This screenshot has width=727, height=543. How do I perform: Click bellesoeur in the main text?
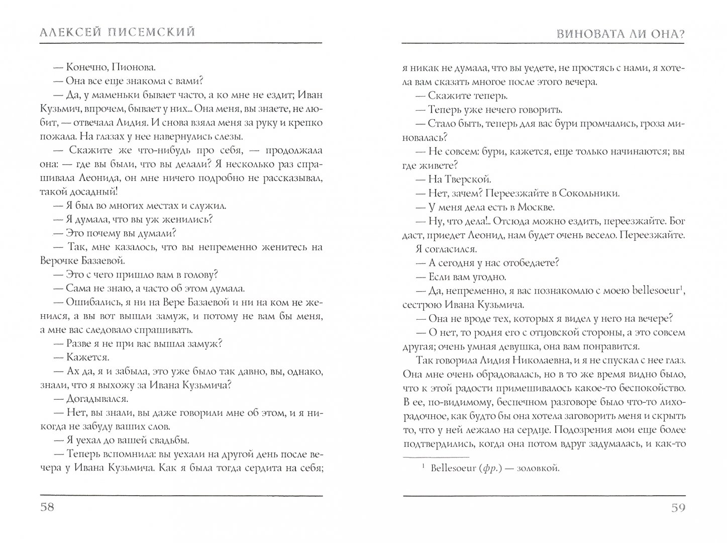[x=654, y=290]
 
